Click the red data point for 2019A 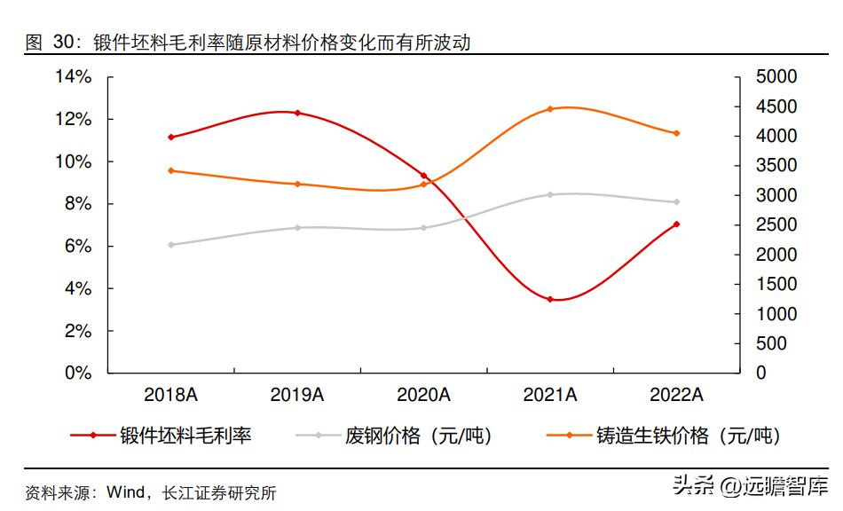coord(297,113)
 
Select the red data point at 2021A coord(550,299)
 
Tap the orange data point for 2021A coord(550,109)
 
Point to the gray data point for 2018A coord(170,244)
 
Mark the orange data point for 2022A coord(676,133)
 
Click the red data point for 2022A coord(676,224)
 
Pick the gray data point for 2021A coord(550,194)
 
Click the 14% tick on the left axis coord(74,77)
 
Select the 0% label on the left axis coord(79,373)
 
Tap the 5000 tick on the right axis coord(776,77)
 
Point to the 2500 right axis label coord(776,225)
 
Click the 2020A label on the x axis coord(423,396)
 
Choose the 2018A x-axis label coord(170,396)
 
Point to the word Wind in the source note coord(124,491)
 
